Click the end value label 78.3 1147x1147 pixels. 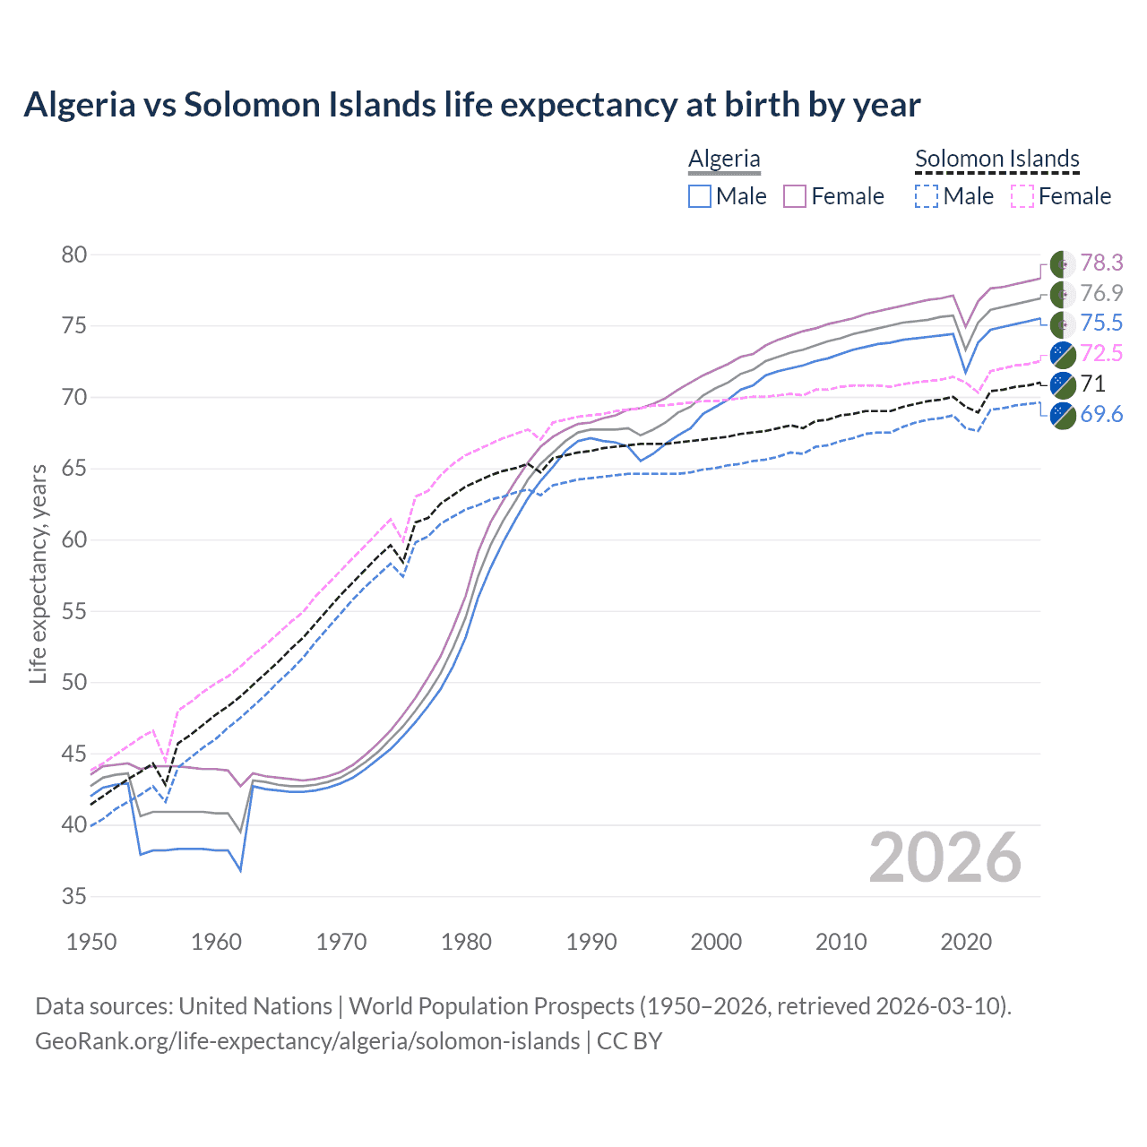coord(1100,263)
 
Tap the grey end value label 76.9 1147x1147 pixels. coord(1100,293)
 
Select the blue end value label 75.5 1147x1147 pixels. coord(1100,323)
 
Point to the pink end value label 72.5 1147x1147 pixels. coord(1100,353)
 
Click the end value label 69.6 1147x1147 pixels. coord(1100,414)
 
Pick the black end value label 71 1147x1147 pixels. coord(1092,384)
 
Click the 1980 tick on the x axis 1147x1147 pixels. coord(466,942)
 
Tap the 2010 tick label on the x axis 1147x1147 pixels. coord(841,942)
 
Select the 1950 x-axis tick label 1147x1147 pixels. coord(91,942)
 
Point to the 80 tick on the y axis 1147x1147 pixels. coord(73,255)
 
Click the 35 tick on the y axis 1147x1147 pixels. coord(73,896)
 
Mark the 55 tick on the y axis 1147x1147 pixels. coord(73,611)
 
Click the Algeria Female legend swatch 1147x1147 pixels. coord(795,196)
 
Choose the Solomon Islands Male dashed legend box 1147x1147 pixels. coord(927,196)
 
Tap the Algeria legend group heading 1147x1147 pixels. coord(724,159)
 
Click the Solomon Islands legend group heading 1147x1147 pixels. coord(996,159)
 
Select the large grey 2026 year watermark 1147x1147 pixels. coord(944,858)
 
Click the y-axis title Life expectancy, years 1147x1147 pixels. coord(38,573)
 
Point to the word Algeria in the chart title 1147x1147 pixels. coord(78,105)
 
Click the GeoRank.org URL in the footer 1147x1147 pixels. coord(307,1041)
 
